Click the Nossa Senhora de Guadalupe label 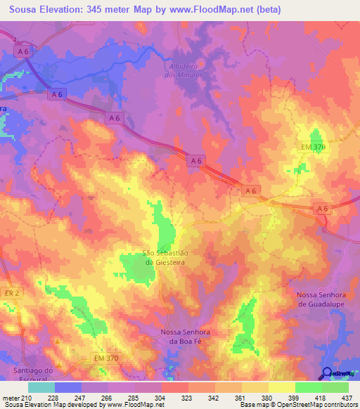[318, 299]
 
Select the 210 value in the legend [27, 398]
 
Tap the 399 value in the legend [283, 398]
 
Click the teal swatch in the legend [41, 387]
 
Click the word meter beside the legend [11, 398]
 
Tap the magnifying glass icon [327, 373]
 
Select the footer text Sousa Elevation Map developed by [44, 405]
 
